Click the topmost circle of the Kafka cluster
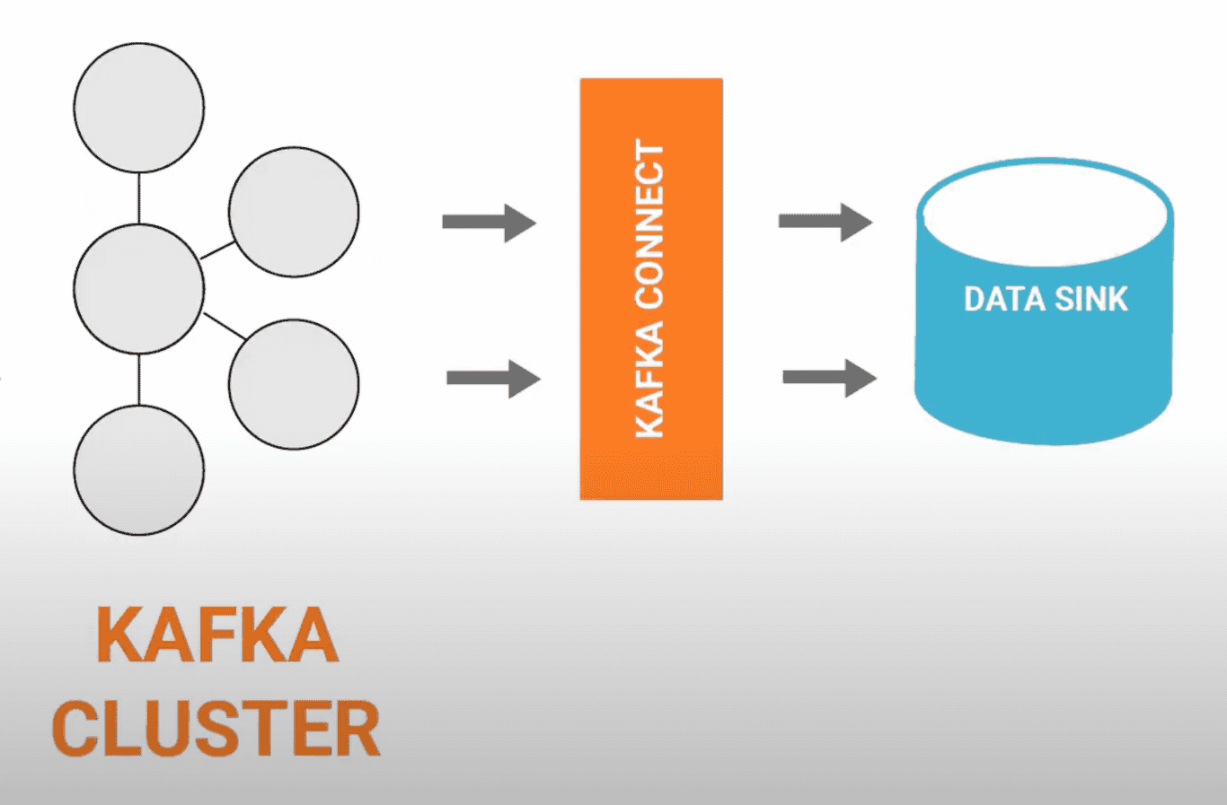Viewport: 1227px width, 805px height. pos(139,108)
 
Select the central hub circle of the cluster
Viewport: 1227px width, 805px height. pos(139,289)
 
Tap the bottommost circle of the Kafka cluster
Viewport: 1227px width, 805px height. pos(139,470)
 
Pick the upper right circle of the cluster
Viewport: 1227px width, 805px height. pos(294,212)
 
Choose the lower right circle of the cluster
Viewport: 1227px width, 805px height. pos(294,384)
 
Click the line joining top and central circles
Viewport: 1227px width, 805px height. pos(139,198)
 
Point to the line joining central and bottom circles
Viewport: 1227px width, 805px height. pos(139,380)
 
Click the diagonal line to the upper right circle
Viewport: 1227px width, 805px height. pos(216,250)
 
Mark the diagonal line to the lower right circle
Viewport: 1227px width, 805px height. pos(225,326)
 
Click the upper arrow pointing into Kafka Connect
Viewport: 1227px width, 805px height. pos(490,223)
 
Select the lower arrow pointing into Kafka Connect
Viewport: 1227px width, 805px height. pos(493,378)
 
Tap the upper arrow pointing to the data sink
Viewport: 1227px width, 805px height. pos(825,222)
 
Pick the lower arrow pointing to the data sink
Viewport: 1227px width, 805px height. pos(829,378)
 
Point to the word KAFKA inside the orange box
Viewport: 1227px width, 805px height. pos(650,381)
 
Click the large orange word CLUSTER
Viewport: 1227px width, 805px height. pos(216,730)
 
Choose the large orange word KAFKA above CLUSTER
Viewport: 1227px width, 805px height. pos(216,635)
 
